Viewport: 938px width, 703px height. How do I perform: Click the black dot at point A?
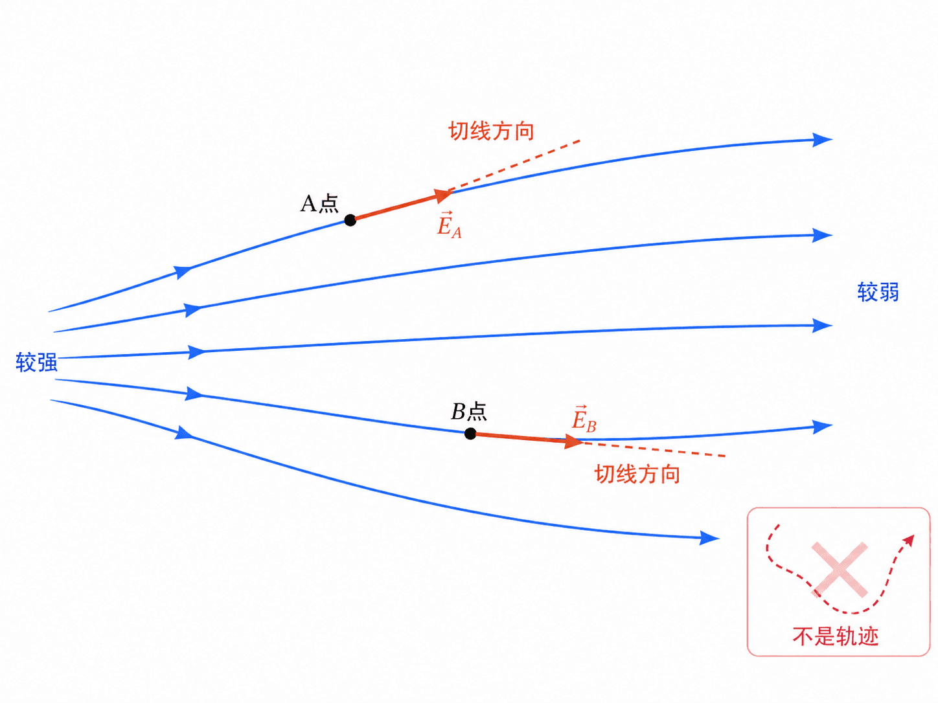pyautogui.click(x=350, y=220)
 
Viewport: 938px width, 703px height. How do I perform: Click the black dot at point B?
pyautogui.click(x=470, y=434)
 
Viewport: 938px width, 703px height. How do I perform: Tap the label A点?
pyautogui.click(x=319, y=203)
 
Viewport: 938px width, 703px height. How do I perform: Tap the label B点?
pyautogui.click(x=469, y=412)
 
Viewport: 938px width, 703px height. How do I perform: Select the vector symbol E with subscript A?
pyautogui.click(x=449, y=225)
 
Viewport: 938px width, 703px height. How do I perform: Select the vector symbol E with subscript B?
pyautogui.click(x=584, y=419)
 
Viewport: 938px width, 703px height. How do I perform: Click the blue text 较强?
pyautogui.click(x=36, y=363)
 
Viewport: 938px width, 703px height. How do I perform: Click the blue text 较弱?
pyautogui.click(x=878, y=292)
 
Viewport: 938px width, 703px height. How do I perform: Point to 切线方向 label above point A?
pyautogui.click(x=492, y=131)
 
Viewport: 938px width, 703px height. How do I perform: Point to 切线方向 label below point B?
pyautogui.click(x=637, y=474)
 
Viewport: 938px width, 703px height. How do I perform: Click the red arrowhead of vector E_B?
pyautogui.click(x=574, y=441)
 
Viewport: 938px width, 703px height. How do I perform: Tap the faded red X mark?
pyautogui.click(x=840, y=570)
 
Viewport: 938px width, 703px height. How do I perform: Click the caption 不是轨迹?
pyautogui.click(x=836, y=636)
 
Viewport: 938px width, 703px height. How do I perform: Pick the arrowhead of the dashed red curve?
pyautogui.click(x=908, y=541)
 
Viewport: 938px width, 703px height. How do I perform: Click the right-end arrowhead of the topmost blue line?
pyautogui.click(x=822, y=140)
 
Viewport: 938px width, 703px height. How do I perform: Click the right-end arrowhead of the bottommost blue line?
pyautogui.click(x=710, y=538)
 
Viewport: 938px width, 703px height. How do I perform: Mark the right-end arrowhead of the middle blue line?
pyautogui.click(x=822, y=326)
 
